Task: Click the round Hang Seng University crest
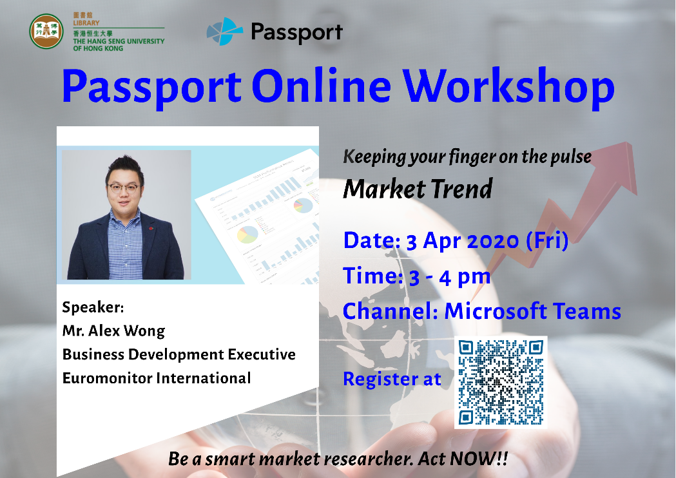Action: [x=46, y=31]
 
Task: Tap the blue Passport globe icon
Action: [x=224, y=32]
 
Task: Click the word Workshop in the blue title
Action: [x=508, y=88]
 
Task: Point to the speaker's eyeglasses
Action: [x=124, y=188]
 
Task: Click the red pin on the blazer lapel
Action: [x=151, y=228]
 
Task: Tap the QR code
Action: [x=501, y=382]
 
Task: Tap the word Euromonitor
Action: [x=107, y=378]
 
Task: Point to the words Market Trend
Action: [x=418, y=189]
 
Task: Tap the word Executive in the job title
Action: [x=262, y=354]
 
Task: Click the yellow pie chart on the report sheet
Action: [x=247, y=234]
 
